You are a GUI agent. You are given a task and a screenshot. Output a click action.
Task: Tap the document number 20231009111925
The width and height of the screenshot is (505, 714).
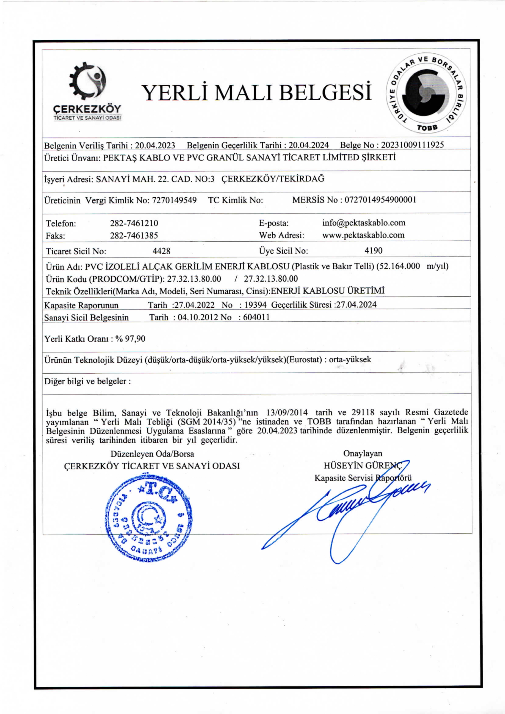(x=412, y=145)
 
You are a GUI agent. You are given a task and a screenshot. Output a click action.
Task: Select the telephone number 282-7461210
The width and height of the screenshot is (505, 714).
(x=134, y=223)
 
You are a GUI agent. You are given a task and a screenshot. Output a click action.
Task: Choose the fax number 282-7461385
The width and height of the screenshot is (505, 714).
(x=134, y=235)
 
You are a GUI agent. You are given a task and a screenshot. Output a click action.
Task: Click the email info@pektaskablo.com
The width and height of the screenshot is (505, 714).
(x=363, y=223)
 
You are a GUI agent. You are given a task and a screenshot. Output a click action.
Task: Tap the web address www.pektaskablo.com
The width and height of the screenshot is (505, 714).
(x=363, y=235)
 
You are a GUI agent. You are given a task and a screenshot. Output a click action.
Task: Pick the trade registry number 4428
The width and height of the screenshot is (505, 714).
(x=161, y=251)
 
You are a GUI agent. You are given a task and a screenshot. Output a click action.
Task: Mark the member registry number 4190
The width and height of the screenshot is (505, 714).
(x=373, y=250)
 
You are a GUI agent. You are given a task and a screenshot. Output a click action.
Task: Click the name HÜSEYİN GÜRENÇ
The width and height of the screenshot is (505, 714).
(x=363, y=466)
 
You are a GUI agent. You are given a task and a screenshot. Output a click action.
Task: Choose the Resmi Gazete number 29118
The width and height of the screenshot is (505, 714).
(x=363, y=413)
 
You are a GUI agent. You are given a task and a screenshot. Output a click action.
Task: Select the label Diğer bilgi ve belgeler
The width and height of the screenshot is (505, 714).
(x=87, y=381)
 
